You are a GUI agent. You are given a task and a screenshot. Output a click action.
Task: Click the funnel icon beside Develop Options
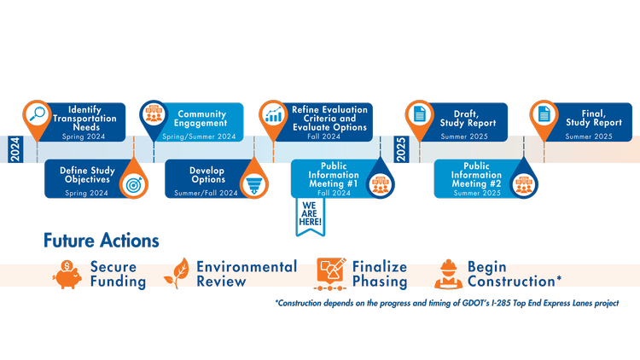(253, 183)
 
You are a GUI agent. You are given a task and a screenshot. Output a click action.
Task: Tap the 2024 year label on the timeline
(15, 149)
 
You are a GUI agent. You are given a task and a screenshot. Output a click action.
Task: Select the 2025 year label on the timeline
(401, 149)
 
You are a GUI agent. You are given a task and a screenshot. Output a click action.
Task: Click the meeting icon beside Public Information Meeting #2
(523, 183)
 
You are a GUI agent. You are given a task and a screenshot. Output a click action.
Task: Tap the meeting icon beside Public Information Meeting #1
(380, 183)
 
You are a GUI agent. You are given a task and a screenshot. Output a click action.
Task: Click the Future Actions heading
(102, 241)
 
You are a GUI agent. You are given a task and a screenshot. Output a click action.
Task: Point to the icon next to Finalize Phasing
(330, 272)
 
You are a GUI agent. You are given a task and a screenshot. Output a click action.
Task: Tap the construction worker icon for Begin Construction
(447, 273)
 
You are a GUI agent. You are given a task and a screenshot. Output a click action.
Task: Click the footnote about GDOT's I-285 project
(446, 303)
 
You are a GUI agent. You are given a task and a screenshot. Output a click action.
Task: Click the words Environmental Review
(247, 274)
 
